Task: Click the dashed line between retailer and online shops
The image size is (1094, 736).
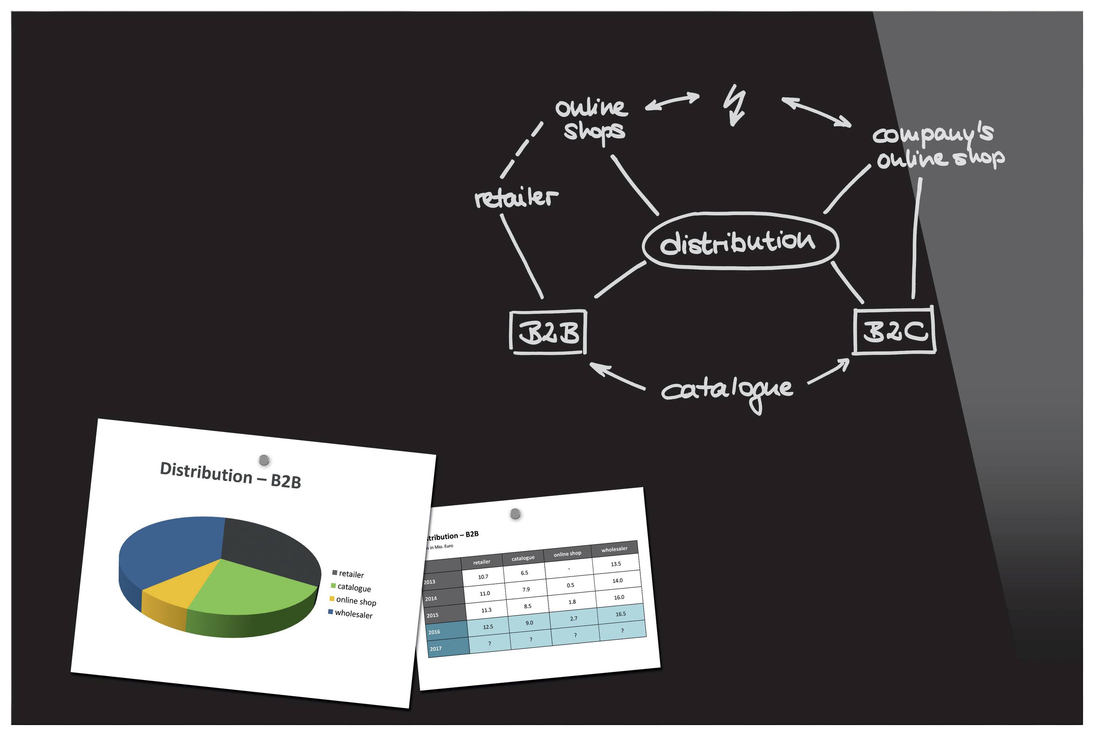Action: click(521, 150)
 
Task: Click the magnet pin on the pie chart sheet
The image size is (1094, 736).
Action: click(264, 459)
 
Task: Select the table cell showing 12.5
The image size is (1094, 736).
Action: click(488, 627)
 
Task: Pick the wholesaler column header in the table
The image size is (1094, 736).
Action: click(614, 549)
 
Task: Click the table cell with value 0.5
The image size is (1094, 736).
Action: click(570, 585)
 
